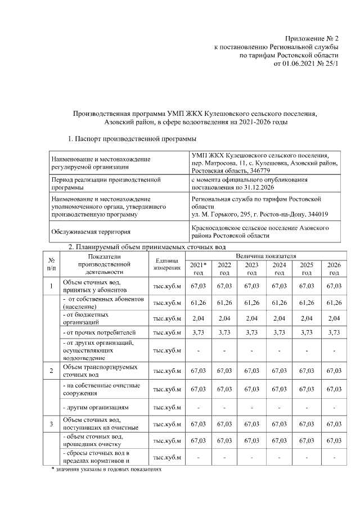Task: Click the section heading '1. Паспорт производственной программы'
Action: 132,138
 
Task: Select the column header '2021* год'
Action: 197,268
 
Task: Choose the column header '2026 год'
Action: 334,268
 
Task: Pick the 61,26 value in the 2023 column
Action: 251,303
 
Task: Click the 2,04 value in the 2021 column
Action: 197,318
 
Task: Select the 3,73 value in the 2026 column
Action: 334,333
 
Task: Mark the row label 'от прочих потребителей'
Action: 98,333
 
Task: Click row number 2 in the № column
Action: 51,371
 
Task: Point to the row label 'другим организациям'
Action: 96,407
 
